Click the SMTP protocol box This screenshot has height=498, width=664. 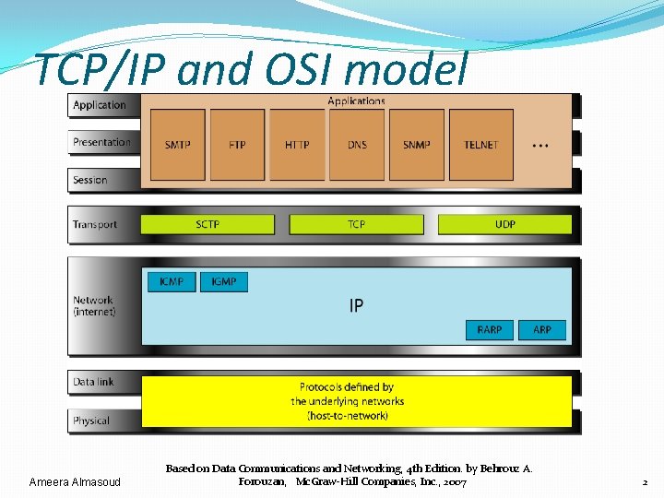coord(178,145)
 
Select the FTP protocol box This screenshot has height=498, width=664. coord(237,145)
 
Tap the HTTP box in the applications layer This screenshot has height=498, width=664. coord(297,145)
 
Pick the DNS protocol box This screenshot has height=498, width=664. coord(357,145)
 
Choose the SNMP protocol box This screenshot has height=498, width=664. coord(417,145)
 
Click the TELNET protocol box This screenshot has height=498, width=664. coord(480,145)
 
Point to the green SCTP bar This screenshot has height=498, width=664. coord(207,224)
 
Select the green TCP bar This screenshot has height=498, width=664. coord(356,224)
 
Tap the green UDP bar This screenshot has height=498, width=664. coord(504,224)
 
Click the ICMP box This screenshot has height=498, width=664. coord(172,281)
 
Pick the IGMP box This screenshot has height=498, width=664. coord(224,281)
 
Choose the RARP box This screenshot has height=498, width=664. coord(490,329)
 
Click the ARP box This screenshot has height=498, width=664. coord(542,329)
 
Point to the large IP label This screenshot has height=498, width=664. coord(356,305)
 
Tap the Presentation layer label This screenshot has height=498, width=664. coord(101,142)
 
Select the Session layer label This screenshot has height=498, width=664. coord(90,180)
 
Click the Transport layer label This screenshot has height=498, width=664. coord(95,224)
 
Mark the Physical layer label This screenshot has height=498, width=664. coord(91,421)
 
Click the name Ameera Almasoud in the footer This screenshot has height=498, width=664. coord(75,482)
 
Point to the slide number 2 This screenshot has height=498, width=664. coord(645,482)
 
